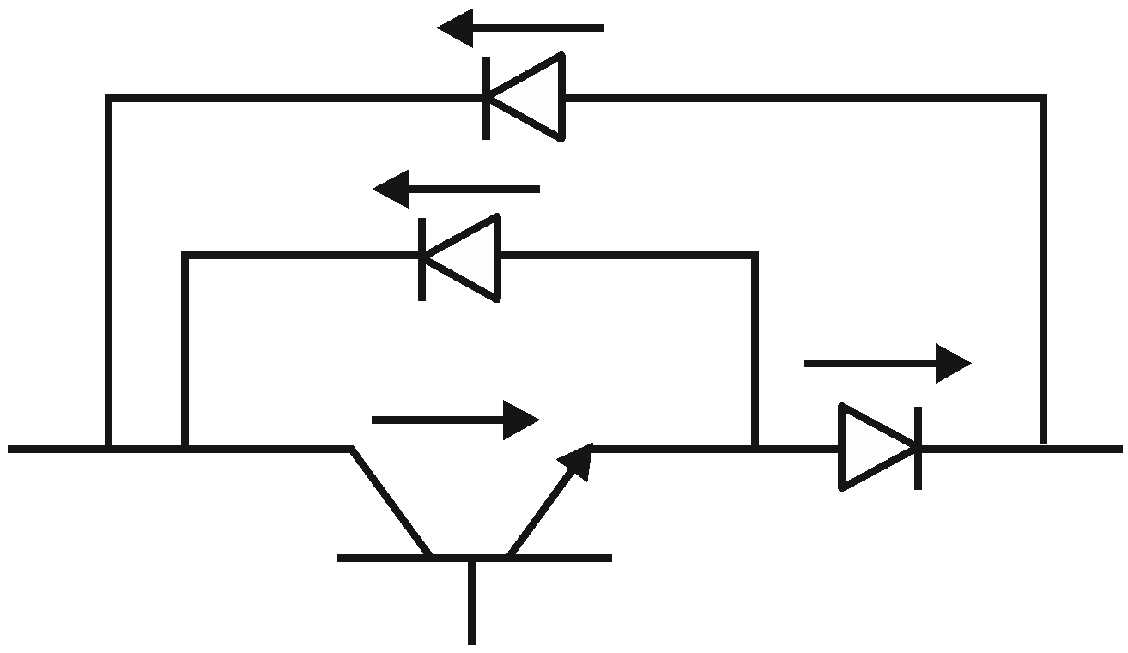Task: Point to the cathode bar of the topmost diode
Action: click(488, 98)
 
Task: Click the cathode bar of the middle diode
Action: click(421, 258)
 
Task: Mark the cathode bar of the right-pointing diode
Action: click(919, 448)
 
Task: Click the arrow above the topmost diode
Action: click(521, 27)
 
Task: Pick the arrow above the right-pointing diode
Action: click(886, 364)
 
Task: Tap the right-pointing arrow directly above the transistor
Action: click(454, 420)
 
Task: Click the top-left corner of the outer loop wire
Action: click(109, 99)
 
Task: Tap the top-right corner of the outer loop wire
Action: click(1043, 99)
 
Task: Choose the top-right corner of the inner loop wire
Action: click(755, 256)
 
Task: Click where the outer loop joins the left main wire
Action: click(109, 448)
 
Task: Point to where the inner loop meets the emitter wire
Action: click(755, 447)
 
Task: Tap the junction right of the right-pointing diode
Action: click(1043, 447)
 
